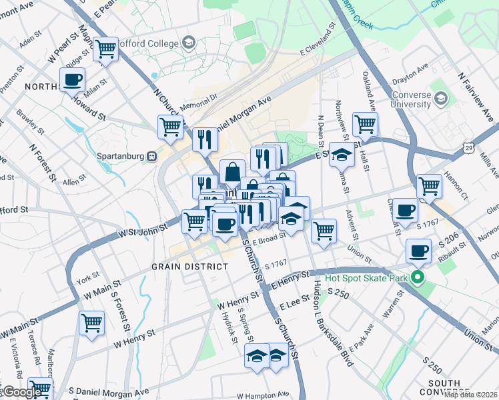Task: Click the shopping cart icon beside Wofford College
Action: click(105, 49)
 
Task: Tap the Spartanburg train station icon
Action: click(151, 155)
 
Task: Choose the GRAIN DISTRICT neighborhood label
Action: click(189, 266)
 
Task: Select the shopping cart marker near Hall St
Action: click(365, 124)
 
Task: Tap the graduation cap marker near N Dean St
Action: click(342, 155)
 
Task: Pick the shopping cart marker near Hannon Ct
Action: click(429, 187)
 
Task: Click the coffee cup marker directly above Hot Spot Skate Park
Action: click(418, 251)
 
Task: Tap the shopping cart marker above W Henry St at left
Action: click(91, 323)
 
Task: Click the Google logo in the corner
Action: click(22, 391)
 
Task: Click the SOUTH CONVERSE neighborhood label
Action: click(444, 387)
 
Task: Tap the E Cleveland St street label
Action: click(317, 41)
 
